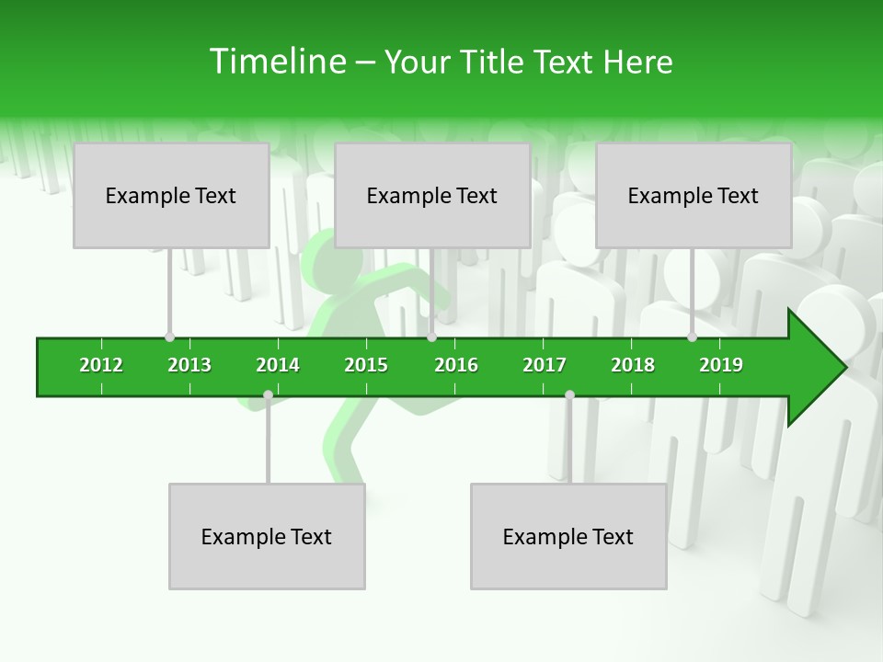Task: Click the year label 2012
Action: pyautogui.click(x=101, y=365)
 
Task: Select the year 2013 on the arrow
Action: pyautogui.click(x=189, y=365)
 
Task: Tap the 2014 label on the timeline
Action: pyautogui.click(x=278, y=365)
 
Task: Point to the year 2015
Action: pyautogui.click(x=366, y=365)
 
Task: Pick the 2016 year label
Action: pyautogui.click(x=456, y=365)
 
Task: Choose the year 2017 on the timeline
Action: pyautogui.click(x=545, y=365)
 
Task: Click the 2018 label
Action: pyautogui.click(x=633, y=365)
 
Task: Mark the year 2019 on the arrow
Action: pyautogui.click(x=721, y=365)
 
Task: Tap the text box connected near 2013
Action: pyautogui.click(x=171, y=195)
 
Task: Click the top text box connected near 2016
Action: pyautogui.click(x=432, y=195)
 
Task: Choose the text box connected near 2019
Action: pyautogui.click(x=694, y=195)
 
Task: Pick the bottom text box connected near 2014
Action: pyautogui.click(x=267, y=536)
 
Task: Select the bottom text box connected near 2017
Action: pyautogui.click(x=568, y=536)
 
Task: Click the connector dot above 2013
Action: pyautogui.click(x=170, y=337)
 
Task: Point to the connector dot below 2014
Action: pyautogui.click(x=268, y=394)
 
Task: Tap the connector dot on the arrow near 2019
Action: pyautogui.click(x=692, y=337)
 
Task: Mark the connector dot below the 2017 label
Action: pyautogui.click(x=569, y=394)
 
